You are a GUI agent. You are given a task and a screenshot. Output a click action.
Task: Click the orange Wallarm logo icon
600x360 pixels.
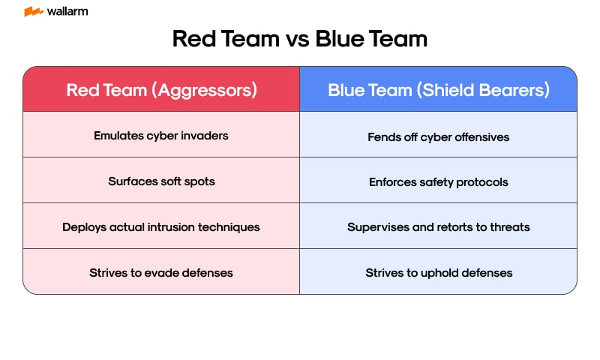pyautogui.click(x=33, y=12)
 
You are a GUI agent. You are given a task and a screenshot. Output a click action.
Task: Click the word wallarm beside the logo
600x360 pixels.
pyautogui.click(x=67, y=12)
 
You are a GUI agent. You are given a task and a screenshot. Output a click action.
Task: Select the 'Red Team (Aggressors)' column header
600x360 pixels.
pyautogui.click(x=161, y=90)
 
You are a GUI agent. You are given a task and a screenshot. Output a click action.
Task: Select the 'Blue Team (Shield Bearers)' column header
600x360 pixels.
pyautogui.click(x=439, y=90)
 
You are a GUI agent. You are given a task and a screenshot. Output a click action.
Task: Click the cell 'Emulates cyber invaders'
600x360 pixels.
pyautogui.click(x=161, y=136)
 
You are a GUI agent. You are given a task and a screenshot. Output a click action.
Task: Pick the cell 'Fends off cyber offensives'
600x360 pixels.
pyautogui.click(x=439, y=136)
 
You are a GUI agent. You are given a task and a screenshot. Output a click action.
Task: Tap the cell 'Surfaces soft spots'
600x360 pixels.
pyautogui.click(x=161, y=181)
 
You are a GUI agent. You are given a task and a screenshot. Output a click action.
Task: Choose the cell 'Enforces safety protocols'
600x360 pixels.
pyautogui.click(x=439, y=181)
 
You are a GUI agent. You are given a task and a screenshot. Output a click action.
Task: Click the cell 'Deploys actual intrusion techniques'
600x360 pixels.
pyautogui.click(x=161, y=226)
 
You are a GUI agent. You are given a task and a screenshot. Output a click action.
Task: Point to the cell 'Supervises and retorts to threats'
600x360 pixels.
pyautogui.click(x=439, y=226)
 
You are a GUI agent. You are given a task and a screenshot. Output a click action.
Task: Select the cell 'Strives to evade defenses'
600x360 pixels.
pyautogui.click(x=161, y=272)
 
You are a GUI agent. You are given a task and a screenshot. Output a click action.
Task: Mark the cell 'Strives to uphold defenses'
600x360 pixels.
pyautogui.click(x=439, y=272)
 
